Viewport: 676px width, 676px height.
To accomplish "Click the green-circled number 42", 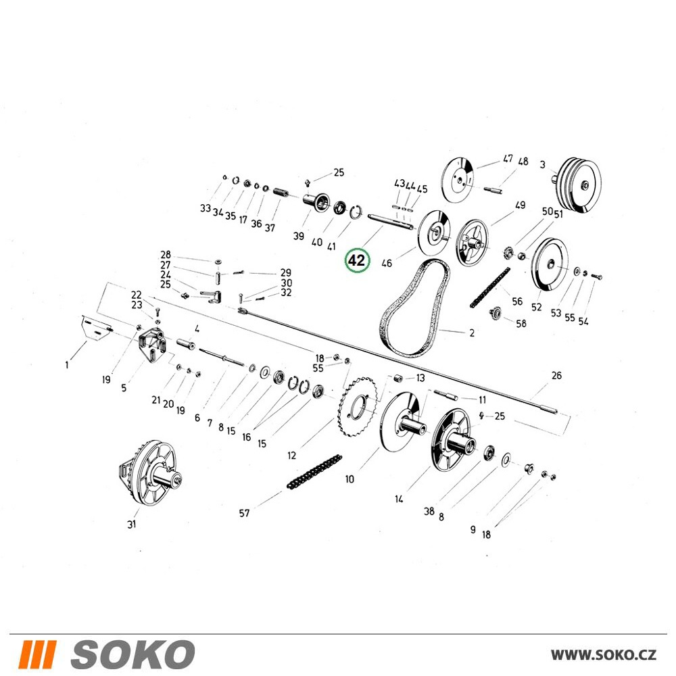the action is pos(357,260).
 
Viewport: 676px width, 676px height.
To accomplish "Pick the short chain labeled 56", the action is pos(489,287).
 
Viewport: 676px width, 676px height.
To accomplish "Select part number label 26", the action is pos(556,375).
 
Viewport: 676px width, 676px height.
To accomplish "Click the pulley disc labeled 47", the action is pos(458,180).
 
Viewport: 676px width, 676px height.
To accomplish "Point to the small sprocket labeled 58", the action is pos(496,313).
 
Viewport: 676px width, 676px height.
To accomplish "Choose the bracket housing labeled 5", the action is pos(152,341).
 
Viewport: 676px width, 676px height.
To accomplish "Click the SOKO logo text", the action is pos(132,654).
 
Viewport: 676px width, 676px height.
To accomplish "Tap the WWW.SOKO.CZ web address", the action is pos(604,654).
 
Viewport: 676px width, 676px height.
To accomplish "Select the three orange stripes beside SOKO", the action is pos(37,654).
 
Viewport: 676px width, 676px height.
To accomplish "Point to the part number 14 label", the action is pos(399,500).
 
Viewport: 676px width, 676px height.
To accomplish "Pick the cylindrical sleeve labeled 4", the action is pos(186,344).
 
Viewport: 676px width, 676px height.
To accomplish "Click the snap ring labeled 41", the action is pos(356,212).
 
